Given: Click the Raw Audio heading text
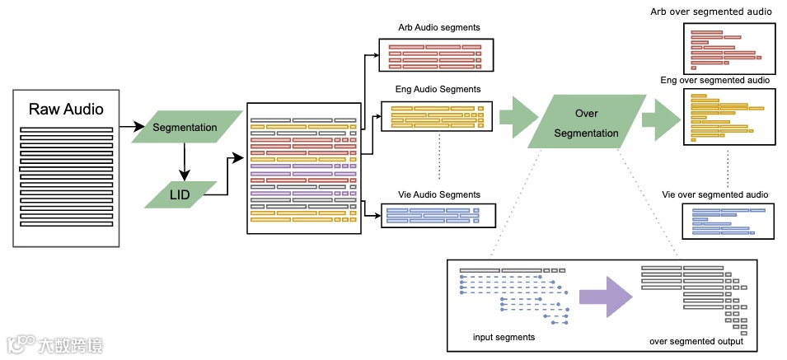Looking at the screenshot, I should [x=67, y=109].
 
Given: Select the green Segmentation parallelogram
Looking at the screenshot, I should [x=185, y=128].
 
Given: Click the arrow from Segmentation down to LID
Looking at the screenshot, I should [x=185, y=162].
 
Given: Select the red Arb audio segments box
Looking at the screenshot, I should [x=434, y=55].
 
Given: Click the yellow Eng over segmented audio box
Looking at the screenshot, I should [x=728, y=117].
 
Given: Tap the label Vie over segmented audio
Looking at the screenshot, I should [x=715, y=194].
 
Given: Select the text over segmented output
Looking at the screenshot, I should [x=696, y=341].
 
